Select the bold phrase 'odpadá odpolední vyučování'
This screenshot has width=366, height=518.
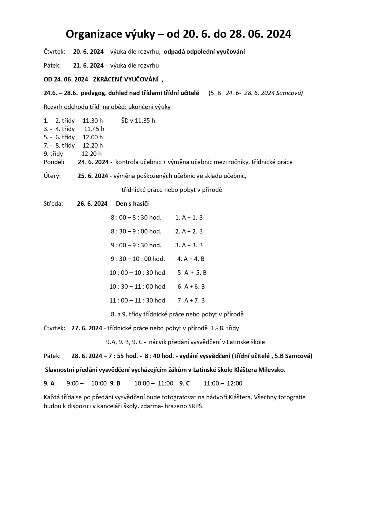click(x=204, y=52)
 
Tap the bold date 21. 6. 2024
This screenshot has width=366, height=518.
click(x=88, y=65)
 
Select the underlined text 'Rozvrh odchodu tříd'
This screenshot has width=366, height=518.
click(x=71, y=107)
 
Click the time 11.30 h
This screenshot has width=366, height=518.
click(x=93, y=120)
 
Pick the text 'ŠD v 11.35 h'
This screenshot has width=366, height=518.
click(x=138, y=120)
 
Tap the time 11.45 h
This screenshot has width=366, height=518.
click(x=94, y=129)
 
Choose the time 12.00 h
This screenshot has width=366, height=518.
click(x=93, y=137)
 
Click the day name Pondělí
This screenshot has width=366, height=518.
click(x=54, y=162)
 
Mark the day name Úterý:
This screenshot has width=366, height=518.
click(x=52, y=176)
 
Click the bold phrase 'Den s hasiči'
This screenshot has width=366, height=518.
click(x=132, y=203)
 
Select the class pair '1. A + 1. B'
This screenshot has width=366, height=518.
click(x=189, y=217)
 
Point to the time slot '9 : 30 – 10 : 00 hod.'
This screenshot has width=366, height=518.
click(x=138, y=259)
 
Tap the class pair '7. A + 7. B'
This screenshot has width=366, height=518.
click(x=191, y=300)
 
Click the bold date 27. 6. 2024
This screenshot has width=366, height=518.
click(x=87, y=328)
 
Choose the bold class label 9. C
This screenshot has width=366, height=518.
click(x=184, y=383)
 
